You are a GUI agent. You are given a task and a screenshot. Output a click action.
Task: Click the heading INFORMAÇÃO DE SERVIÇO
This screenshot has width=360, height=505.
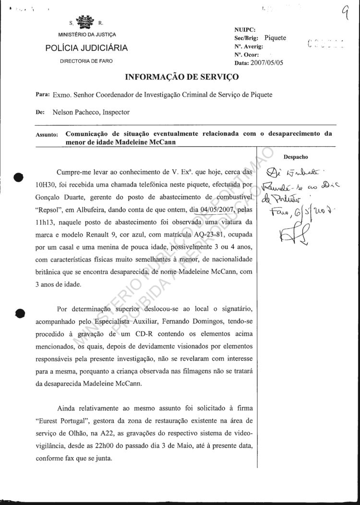click(x=181, y=77)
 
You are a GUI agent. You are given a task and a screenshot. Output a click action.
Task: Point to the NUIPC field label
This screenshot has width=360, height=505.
click(x=243, y=30)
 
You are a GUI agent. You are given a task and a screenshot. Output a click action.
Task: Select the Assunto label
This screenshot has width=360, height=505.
click(x=47, y=135)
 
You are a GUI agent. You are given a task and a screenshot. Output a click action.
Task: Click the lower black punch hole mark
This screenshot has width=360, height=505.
click(x=20, y=312)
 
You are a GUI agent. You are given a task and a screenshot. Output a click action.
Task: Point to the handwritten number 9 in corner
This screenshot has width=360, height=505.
click(x=345, y=19)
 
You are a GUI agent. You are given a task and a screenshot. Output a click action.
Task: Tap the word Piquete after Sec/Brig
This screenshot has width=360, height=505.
click(x=275, y=38)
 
